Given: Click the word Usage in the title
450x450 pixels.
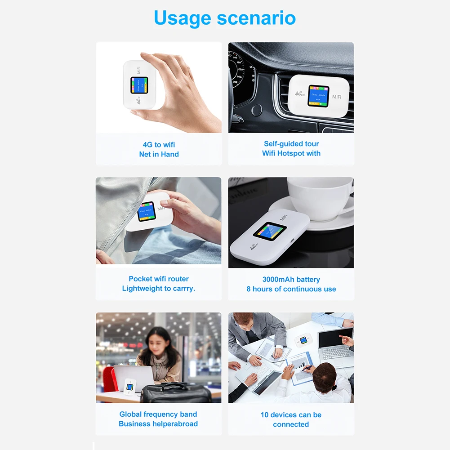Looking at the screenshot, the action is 183,18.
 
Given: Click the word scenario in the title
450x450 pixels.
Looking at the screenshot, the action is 256,18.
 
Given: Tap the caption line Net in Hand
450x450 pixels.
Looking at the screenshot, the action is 159,154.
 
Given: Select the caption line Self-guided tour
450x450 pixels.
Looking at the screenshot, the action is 291,143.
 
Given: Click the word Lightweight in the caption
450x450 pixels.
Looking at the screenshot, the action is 140,289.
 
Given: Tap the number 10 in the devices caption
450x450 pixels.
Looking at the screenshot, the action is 264,414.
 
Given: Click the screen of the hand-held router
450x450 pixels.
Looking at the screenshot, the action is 139,85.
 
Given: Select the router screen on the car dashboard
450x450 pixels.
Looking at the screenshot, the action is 318,96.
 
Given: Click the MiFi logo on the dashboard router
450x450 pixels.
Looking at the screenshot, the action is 337,97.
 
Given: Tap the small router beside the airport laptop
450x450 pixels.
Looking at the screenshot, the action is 130,388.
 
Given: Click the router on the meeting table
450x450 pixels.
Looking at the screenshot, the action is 303,340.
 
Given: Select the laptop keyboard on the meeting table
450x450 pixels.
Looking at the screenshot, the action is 336,353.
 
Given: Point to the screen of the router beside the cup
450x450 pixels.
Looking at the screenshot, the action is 270,231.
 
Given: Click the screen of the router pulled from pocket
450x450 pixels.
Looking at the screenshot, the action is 147,212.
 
